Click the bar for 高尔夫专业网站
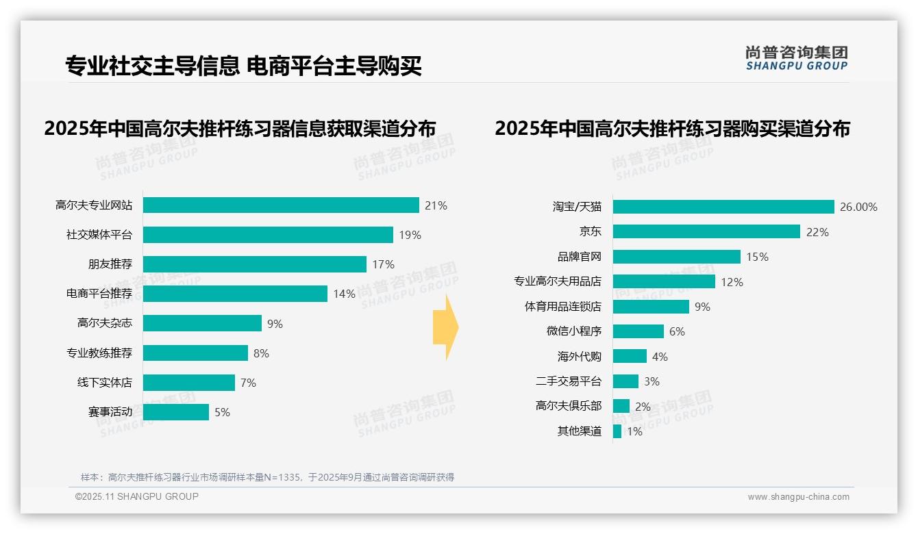click(x=281, y=205)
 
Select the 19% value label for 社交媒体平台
click(x=410, y=235)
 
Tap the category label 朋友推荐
click(x=110, y=264)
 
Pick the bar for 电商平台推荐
click(x=235, y=294)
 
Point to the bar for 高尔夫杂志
click(x=202, y=323)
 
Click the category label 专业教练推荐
click(x=99, y=353)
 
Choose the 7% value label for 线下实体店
click(x=248, y=383)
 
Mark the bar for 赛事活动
click(x=176, y=412)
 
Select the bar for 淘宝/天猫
click(x=723, y=207)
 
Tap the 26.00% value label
click(x=858, y=207)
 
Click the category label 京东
click(x=590, y=231)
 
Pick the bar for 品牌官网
click(x=677, y=257)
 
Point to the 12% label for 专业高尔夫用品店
click(x=732, y=281)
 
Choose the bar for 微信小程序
click(x=638, y=331)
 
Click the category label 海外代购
click(x=579, y=356)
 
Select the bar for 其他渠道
click(x=617, y=431)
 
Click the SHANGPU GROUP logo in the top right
click(x=797, y=58)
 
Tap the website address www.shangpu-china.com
click(x=798, y=497)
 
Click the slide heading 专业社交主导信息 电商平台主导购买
click(x=243, y=66)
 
